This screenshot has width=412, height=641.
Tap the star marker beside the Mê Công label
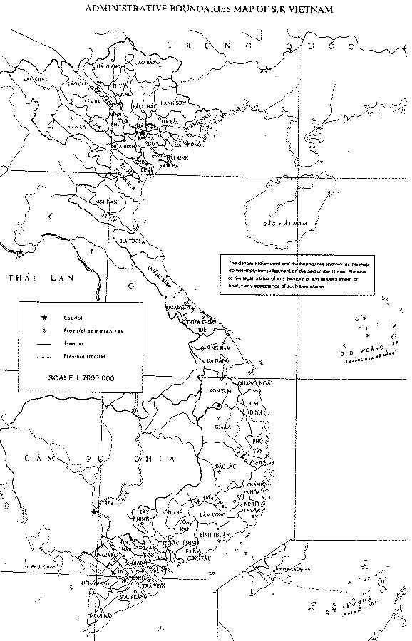click(93, 511)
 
